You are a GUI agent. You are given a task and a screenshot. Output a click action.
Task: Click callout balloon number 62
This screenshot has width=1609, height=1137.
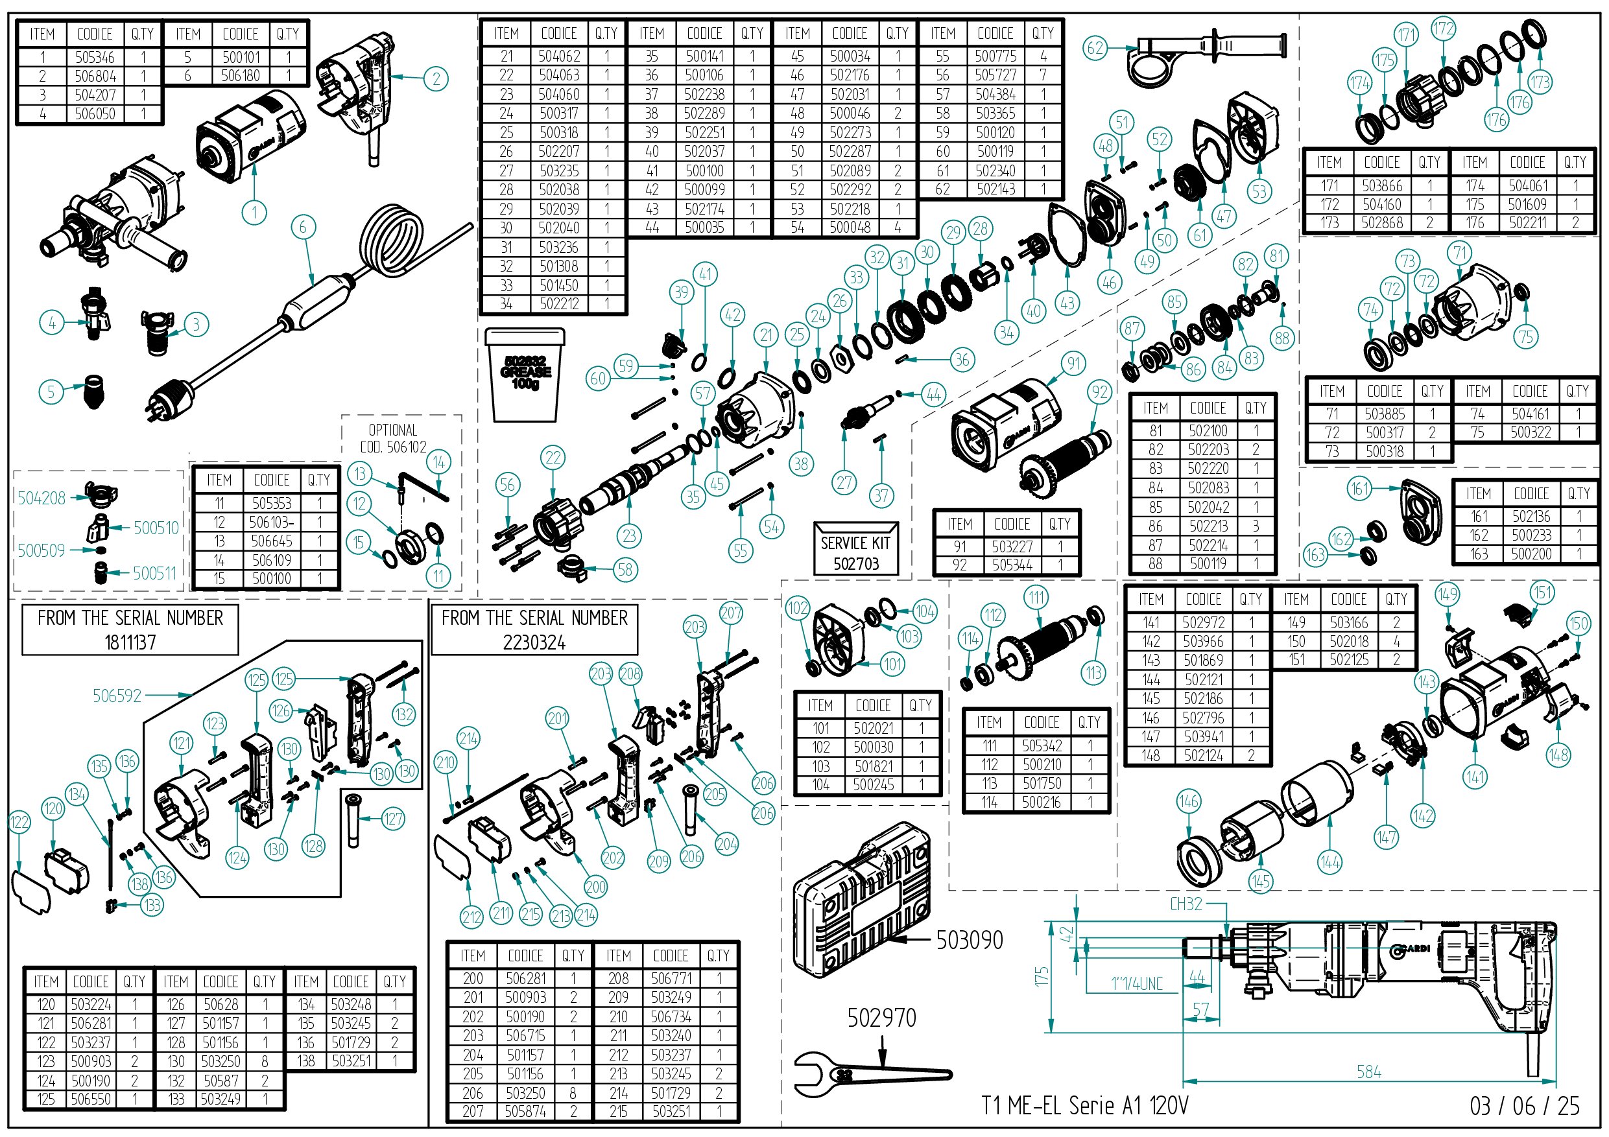pos(1095,49)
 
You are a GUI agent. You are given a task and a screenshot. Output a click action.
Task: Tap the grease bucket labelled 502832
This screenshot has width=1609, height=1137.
pos(524,375)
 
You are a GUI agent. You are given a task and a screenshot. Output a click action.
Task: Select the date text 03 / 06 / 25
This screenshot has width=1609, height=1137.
pos(1524,1106)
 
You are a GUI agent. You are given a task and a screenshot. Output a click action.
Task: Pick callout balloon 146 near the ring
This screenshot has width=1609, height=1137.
pos(1189,801)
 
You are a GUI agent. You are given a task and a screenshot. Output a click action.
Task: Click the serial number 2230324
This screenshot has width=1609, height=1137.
pos(534,642)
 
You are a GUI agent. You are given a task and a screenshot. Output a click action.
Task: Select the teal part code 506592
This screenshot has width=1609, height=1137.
pos(117,696)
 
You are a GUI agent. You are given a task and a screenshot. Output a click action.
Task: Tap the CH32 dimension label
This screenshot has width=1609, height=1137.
pos(1186,904)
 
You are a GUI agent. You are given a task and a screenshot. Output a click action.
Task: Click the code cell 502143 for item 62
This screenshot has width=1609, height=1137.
pos(995,189)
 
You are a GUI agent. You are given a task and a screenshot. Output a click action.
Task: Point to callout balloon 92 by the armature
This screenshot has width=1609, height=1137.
pos(1099,392)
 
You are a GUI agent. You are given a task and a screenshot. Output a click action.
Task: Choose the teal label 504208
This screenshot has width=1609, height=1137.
pos(42,498)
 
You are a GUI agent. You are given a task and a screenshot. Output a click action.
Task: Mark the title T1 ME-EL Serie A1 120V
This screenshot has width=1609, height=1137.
pos(1084,1105)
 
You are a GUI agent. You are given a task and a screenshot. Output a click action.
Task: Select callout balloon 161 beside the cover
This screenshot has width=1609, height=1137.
pos(1359,488)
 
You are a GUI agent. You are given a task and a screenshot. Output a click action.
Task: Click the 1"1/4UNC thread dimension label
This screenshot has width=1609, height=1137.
pos(1136,984)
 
